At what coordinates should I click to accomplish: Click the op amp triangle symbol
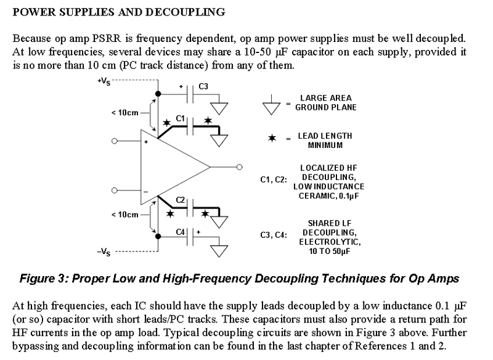173,166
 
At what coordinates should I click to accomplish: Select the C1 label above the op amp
181,117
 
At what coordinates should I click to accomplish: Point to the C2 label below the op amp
181,200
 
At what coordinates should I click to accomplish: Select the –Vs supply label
103,252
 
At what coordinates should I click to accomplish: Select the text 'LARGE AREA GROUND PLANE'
326,102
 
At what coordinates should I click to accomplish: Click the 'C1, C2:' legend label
274,180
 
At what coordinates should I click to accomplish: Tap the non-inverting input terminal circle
114,141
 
